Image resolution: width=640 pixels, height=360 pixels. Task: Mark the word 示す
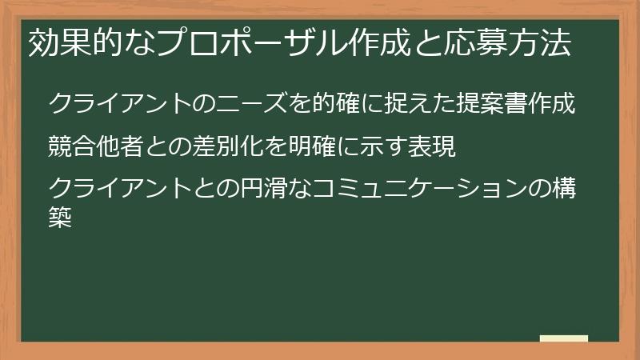tap(381, 147)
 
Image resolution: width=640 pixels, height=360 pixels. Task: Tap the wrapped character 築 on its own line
tap(61, 218)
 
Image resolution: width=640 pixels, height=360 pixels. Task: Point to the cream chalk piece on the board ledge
tap(564, 338)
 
